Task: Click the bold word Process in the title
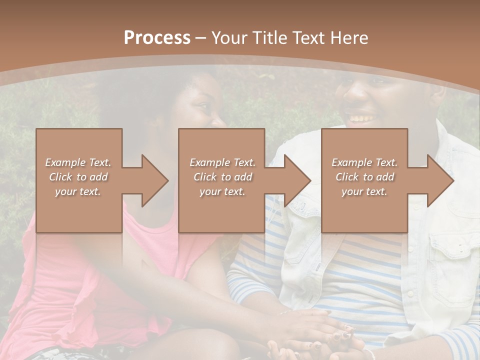coord(157,37)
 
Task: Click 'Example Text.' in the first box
coord(78,162)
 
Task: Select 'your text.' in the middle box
coord(222,191)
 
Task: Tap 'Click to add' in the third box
coord(364,177)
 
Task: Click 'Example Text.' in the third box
coord(364,162)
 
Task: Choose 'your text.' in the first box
coord(78,191)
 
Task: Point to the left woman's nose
coord(218,120)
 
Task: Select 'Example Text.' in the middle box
coord(222,162)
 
